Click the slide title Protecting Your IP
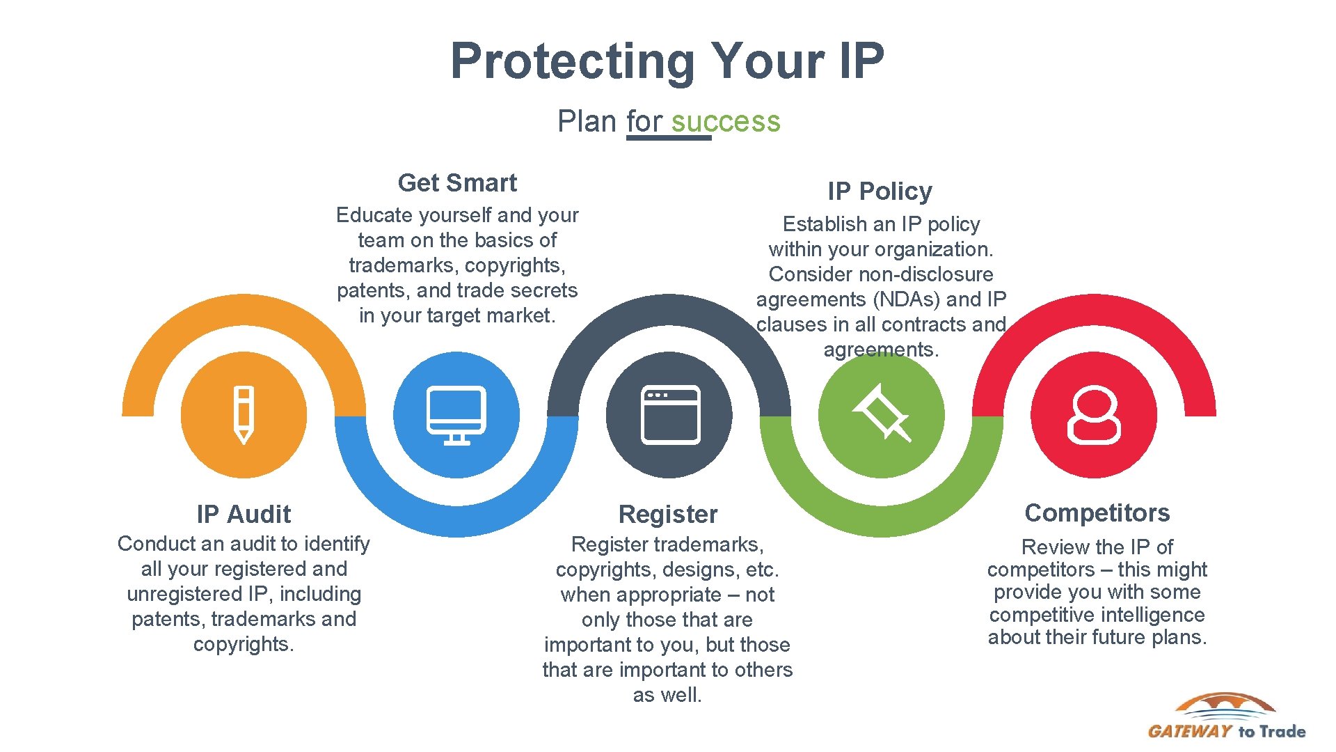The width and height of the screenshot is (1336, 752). pyautogui.click(x=667, y=61)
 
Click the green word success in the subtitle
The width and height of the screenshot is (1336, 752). pyautogui.click(x=726, y=122)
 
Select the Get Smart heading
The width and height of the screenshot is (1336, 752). pyautogui.click(x=457, y=183)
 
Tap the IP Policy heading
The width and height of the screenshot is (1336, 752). pyautogui.click(x=880, y=191)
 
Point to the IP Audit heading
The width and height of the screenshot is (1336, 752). pyautogui.click(x=244, y=515)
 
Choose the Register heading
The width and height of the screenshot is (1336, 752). pyautogui.click(x=667, y=515)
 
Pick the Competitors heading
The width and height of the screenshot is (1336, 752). pyautogui.click(x=1097, y=513)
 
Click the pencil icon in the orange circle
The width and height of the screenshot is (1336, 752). pyautogui.click(x=244, y=415)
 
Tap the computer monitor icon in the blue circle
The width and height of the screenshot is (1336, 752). pyautogui.click(x=456, y=415)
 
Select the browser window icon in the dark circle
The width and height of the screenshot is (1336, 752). pyautogui.click(x=669, y=415)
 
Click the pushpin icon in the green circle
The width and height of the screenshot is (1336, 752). pyautogui.click(x=882, y=414)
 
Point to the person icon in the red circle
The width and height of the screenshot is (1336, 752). pyautogui.click(x=1094, y=415)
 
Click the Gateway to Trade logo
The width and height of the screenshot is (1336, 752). pyautogui.click(x=1226, y=716)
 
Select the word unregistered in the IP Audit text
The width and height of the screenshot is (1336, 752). pyautogui.click(x=183, y=595)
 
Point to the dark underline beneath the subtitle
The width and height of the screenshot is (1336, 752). pyautogui.click(x=668, y=138)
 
